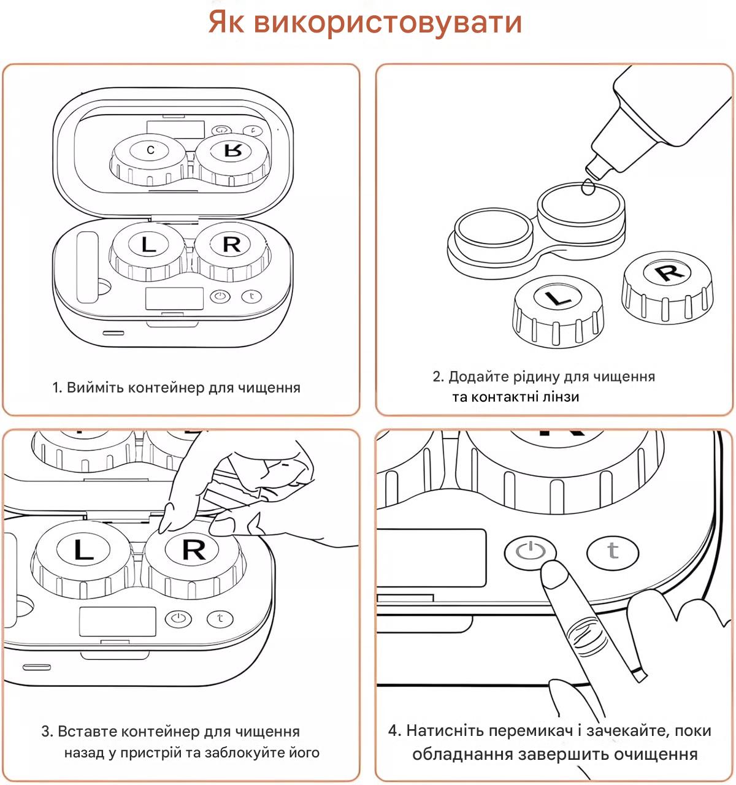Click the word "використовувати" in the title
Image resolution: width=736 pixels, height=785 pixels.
tap(388, 23)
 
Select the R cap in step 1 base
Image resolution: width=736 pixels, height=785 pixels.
tap(231, 244)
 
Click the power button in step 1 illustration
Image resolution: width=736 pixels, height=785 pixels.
tap(220, 297)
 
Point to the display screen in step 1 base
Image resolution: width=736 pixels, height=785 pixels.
tap(174, 299)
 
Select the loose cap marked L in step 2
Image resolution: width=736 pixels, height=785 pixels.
tap(557, 299)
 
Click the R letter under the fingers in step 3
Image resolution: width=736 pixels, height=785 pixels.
tap(194, 549)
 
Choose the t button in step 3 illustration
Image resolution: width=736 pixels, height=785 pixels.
tap(220, 618)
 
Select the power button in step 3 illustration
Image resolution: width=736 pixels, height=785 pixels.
tap(178, 618)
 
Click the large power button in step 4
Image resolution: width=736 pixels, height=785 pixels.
tap(530, 551)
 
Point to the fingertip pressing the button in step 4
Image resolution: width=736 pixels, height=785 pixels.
tap(553, 575)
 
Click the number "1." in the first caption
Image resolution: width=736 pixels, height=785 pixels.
tap(58, 388)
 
